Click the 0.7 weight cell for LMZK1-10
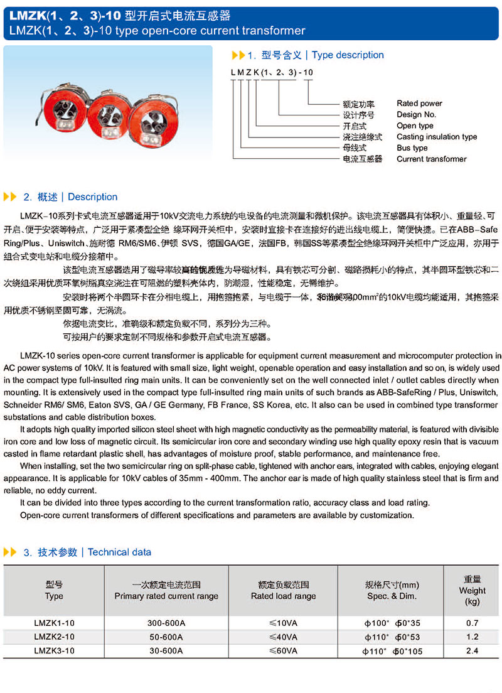click(x=472, y=623)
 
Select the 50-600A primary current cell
click(x=166, y=637)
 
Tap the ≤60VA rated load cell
click(x=283, y=651)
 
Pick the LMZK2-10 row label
click(x=54, y=637)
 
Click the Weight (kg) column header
click(x=472, y=590)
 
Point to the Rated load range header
click(x=283, y=591)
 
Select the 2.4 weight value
click(x=472, y=651)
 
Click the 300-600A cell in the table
click(x=166, y=623)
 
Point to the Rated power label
click(x=419, y=104)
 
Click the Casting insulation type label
click(x=437, y=137)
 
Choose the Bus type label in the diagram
click(x=412, y=148)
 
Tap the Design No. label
click(x=416, y=115)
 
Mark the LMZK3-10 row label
click(x=54, y=651)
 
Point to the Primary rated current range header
click(x=166, y=591)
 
